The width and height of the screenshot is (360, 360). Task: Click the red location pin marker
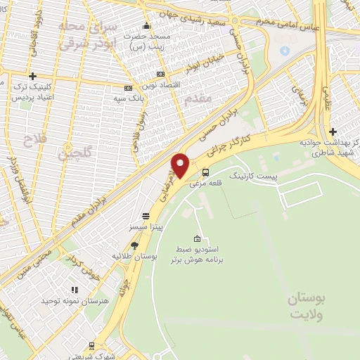pos(180,165)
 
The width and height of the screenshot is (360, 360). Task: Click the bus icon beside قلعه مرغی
pos(205,172)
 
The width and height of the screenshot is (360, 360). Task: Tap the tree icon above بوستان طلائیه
pos(135,245)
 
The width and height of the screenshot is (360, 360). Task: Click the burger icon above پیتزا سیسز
pos(146,216)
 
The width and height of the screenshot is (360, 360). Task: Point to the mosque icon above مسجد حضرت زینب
pos(146,26)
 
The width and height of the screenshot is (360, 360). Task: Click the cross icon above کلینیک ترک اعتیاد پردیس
pos(32,76)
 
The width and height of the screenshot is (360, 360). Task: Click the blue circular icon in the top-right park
pos(284,51)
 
